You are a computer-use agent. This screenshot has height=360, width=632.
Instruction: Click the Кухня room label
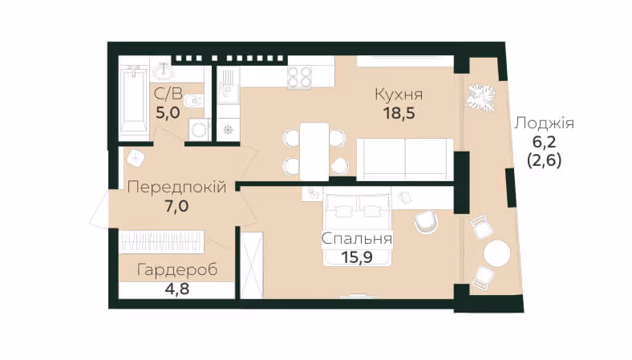399,95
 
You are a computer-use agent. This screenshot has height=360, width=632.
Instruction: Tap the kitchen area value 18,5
399,113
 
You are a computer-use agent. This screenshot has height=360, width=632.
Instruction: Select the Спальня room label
357,239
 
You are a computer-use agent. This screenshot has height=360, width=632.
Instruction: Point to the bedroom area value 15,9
357,257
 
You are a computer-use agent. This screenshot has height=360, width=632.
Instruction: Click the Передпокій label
176,187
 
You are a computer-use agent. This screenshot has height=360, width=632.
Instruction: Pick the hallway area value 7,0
176,206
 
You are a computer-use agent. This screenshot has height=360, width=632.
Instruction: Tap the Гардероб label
177,269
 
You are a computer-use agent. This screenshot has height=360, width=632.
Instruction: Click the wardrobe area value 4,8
177,289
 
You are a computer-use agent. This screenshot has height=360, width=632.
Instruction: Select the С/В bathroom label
168,94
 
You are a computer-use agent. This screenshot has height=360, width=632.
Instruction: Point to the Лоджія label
544,123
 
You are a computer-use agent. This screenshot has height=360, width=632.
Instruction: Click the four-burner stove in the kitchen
299,77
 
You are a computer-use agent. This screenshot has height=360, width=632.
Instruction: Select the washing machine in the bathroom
199,130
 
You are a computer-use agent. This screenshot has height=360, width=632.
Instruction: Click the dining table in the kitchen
314,152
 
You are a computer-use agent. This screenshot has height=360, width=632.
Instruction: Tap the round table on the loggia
497,253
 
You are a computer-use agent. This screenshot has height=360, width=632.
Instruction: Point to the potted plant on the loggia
481,98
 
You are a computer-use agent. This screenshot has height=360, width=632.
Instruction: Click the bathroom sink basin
164,71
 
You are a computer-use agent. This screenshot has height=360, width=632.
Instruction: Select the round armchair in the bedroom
426,223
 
